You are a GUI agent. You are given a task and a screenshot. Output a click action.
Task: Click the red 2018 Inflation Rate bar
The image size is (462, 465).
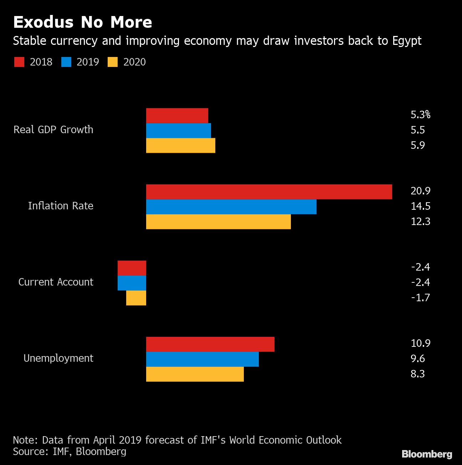269,192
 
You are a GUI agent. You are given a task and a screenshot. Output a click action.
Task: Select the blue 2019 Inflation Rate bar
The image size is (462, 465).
231,207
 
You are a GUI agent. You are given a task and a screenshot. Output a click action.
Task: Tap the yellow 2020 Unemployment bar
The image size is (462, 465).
195,374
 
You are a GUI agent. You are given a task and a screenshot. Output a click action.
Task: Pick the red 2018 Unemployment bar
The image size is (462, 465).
210,344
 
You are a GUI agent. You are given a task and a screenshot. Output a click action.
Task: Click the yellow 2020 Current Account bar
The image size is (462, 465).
136,298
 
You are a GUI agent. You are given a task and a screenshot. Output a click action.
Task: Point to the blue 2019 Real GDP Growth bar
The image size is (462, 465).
178,131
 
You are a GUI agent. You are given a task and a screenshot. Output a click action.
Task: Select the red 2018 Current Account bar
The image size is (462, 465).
132,268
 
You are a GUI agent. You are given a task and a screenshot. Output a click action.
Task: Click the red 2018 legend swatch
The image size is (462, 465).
19,62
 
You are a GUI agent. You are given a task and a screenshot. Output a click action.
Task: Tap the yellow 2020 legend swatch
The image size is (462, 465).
113,62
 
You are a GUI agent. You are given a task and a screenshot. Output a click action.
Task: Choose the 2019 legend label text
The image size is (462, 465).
88,62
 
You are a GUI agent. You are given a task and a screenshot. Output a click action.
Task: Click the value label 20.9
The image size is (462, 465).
420,191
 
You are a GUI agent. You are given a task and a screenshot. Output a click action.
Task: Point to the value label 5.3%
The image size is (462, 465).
420,115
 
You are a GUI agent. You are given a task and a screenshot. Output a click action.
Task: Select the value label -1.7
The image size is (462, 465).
420,297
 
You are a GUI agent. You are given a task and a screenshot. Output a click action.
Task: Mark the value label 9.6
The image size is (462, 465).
417,359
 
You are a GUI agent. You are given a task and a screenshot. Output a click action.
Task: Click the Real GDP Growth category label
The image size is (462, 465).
53,130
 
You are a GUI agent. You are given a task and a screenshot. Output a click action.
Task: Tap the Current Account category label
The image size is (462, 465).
56,282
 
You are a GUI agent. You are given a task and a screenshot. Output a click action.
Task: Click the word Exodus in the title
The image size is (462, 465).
43,22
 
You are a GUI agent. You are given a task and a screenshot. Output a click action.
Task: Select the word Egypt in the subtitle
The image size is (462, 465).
407,41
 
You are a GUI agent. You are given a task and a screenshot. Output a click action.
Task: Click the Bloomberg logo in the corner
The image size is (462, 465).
427,454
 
